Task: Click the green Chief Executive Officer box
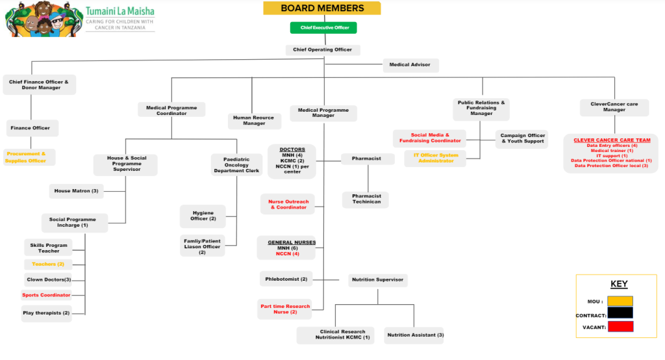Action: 323,28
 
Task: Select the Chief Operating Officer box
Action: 323,49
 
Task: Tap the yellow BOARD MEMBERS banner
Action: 322,8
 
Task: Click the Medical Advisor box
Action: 410,65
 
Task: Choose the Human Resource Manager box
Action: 254,120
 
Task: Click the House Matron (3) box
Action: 76,191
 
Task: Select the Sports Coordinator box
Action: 46,295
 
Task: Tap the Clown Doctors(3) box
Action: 49,279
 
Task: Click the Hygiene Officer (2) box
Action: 203,216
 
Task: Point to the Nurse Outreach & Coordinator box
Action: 288,204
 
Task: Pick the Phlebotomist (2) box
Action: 286,279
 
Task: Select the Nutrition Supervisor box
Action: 378,279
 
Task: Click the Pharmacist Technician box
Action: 366,199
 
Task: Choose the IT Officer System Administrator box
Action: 435,158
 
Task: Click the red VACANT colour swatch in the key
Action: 620,327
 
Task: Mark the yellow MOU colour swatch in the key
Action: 620,301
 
